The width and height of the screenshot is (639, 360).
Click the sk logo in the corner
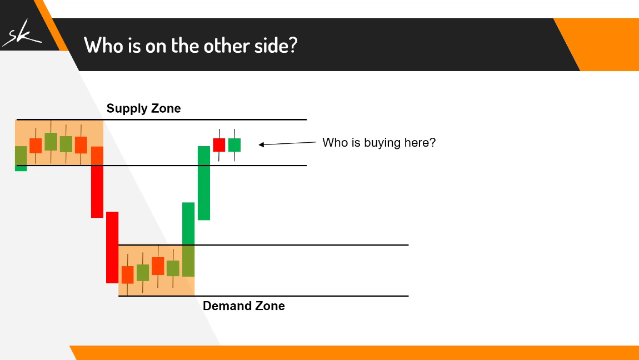point(21,33)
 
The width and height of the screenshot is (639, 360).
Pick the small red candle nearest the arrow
point(219,145)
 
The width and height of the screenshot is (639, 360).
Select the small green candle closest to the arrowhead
point(234,145)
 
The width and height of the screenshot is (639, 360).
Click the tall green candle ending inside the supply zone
point(204,183)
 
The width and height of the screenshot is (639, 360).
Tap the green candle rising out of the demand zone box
point(188,239)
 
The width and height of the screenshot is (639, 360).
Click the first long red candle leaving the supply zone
point(97,182)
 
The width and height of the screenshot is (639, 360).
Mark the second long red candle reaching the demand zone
point(112,247)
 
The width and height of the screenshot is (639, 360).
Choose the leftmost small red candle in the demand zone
point(128,274)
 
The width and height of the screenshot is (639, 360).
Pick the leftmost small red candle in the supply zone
point(36,146)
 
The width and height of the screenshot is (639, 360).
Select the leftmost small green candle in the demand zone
point(143,272)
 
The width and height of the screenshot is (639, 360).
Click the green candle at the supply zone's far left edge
point(21,158)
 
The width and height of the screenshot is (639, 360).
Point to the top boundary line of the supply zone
point(161,119)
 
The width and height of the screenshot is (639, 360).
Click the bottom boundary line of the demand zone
point(263,296)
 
